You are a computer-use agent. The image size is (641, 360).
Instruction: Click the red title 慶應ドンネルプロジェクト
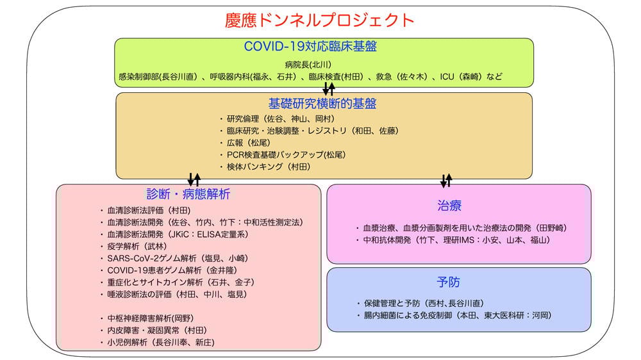pyautogui.click(x=320, y=20)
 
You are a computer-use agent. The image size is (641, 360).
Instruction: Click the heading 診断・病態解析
pyautogui.click(x=188, y=194)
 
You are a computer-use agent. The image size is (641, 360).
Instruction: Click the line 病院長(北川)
pyautogui.click(x=308, y=65)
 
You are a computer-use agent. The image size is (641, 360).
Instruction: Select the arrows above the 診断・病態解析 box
pyautogui.click(x=194, y=179)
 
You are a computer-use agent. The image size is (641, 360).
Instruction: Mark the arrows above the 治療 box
pyautogui.click(x=447, y=179)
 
